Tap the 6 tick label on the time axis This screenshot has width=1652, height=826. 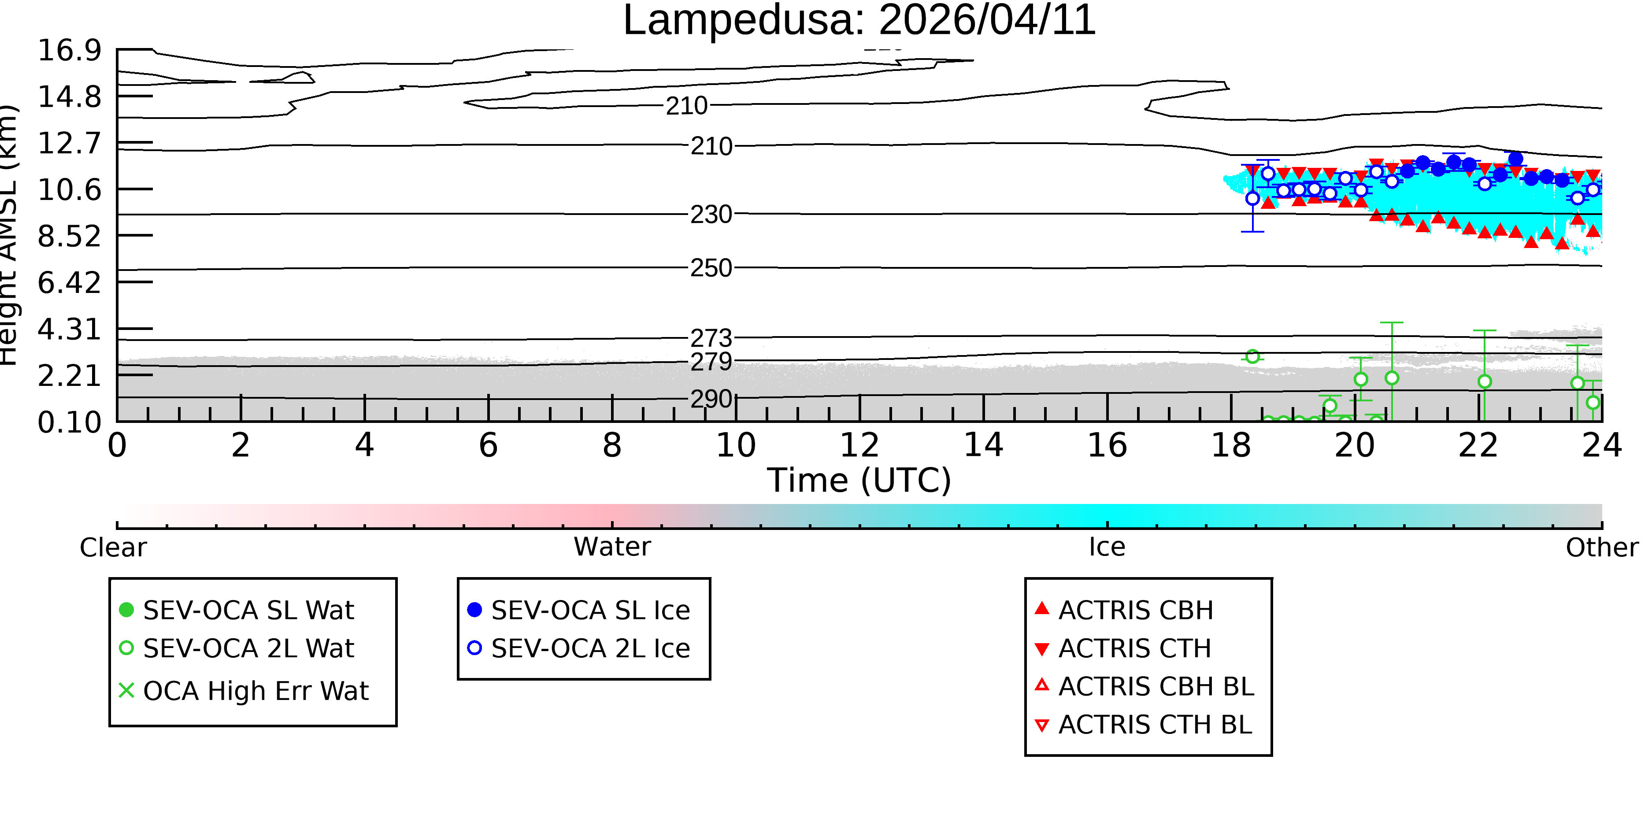click(488, 445)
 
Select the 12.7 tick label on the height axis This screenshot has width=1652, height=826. click(69, 142)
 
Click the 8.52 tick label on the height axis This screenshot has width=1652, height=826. click(69, 236)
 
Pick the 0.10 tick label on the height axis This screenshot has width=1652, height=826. click(69, 422)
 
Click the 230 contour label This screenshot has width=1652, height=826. click(711, 214)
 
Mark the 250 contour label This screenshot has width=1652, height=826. click(711, 268)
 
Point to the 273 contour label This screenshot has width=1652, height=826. click(711, 337)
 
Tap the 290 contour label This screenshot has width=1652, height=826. click(711, 399)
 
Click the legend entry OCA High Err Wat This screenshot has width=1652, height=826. click(244, 691)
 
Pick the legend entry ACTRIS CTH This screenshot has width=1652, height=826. click(1123, 648)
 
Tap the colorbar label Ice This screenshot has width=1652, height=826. click(1107, 547)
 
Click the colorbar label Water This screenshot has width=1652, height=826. click(612, 547)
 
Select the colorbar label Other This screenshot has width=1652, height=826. click(1602, 548)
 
